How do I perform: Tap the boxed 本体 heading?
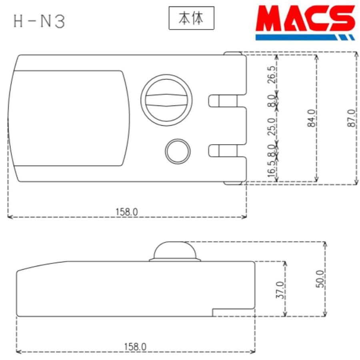point(191,18)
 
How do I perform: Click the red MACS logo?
point(305,18)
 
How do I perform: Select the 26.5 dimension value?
point(272,75)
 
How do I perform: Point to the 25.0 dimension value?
point(272,127)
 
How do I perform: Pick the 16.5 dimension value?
point(272,168)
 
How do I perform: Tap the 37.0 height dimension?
point(280,290)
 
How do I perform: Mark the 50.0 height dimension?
point(320,279)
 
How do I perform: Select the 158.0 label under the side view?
point(135,347)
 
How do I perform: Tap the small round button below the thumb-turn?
point(178,151)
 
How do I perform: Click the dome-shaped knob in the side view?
point(174,251)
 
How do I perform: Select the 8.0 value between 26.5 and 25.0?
point(272,100)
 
